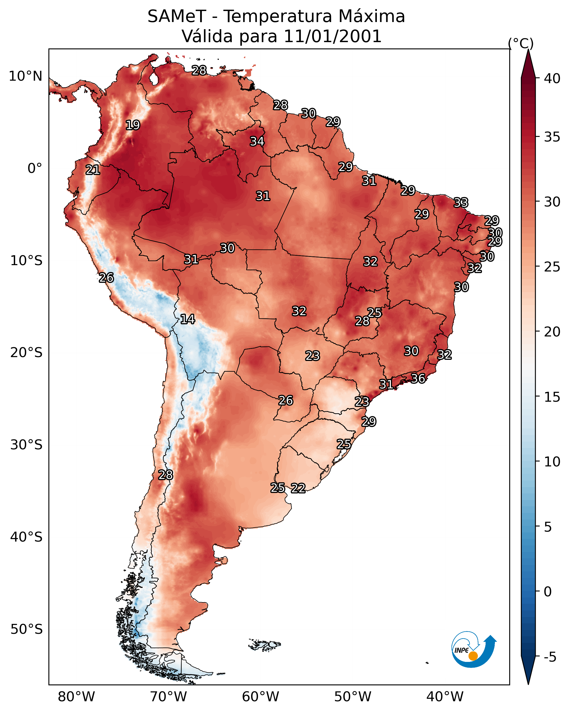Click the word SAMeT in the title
[x=177, y=17]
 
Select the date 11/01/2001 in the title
[x=332, y=36]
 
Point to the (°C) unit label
[x=521, y=44]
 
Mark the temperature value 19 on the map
[x=133, y=125]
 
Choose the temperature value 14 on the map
[x=187, y=319]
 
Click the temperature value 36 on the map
[x=418, y=379]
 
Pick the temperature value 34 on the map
[x=257, y=141]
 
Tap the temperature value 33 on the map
[x=461, y=202]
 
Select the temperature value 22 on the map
[x=298, y=488]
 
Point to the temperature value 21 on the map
[x=93, y=170]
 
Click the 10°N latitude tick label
[x=25, y=76]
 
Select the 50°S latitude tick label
[x=26, y=629]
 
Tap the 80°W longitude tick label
[x=76, y=697]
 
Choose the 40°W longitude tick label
[x=445, y=697]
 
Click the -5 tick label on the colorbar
[x=550, y=657]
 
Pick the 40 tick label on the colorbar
[x=552, y=78]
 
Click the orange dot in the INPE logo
[x=473, y=656]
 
